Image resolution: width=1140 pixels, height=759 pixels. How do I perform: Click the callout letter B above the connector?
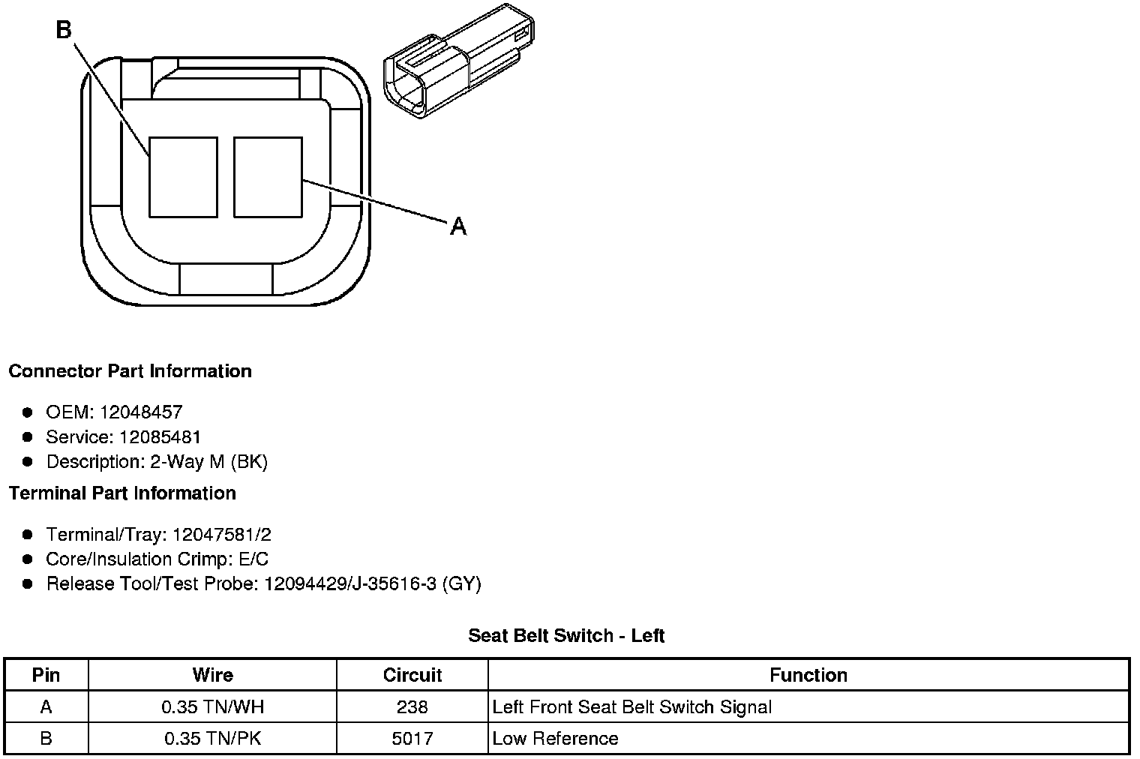(x=64, y=30)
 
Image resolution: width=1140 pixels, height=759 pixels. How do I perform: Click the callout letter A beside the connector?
(x=458, y=226)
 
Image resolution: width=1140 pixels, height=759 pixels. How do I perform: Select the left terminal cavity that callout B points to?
(x=183, y=177)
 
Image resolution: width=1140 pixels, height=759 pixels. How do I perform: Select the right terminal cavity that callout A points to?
(x=268, y=177)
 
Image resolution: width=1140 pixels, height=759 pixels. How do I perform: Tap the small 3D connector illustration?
(x=458, y=61)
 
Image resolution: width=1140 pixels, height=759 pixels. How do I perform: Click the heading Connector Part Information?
(x=130, y=371)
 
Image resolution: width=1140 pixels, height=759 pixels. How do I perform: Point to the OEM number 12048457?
(x=141, y=412)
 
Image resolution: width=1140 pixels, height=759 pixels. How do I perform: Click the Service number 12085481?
(x=160, y=436)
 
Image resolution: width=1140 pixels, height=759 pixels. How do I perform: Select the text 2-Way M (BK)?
(x=208, y=462)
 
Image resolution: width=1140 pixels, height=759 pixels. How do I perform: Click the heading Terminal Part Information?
(x=123, y=493)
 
